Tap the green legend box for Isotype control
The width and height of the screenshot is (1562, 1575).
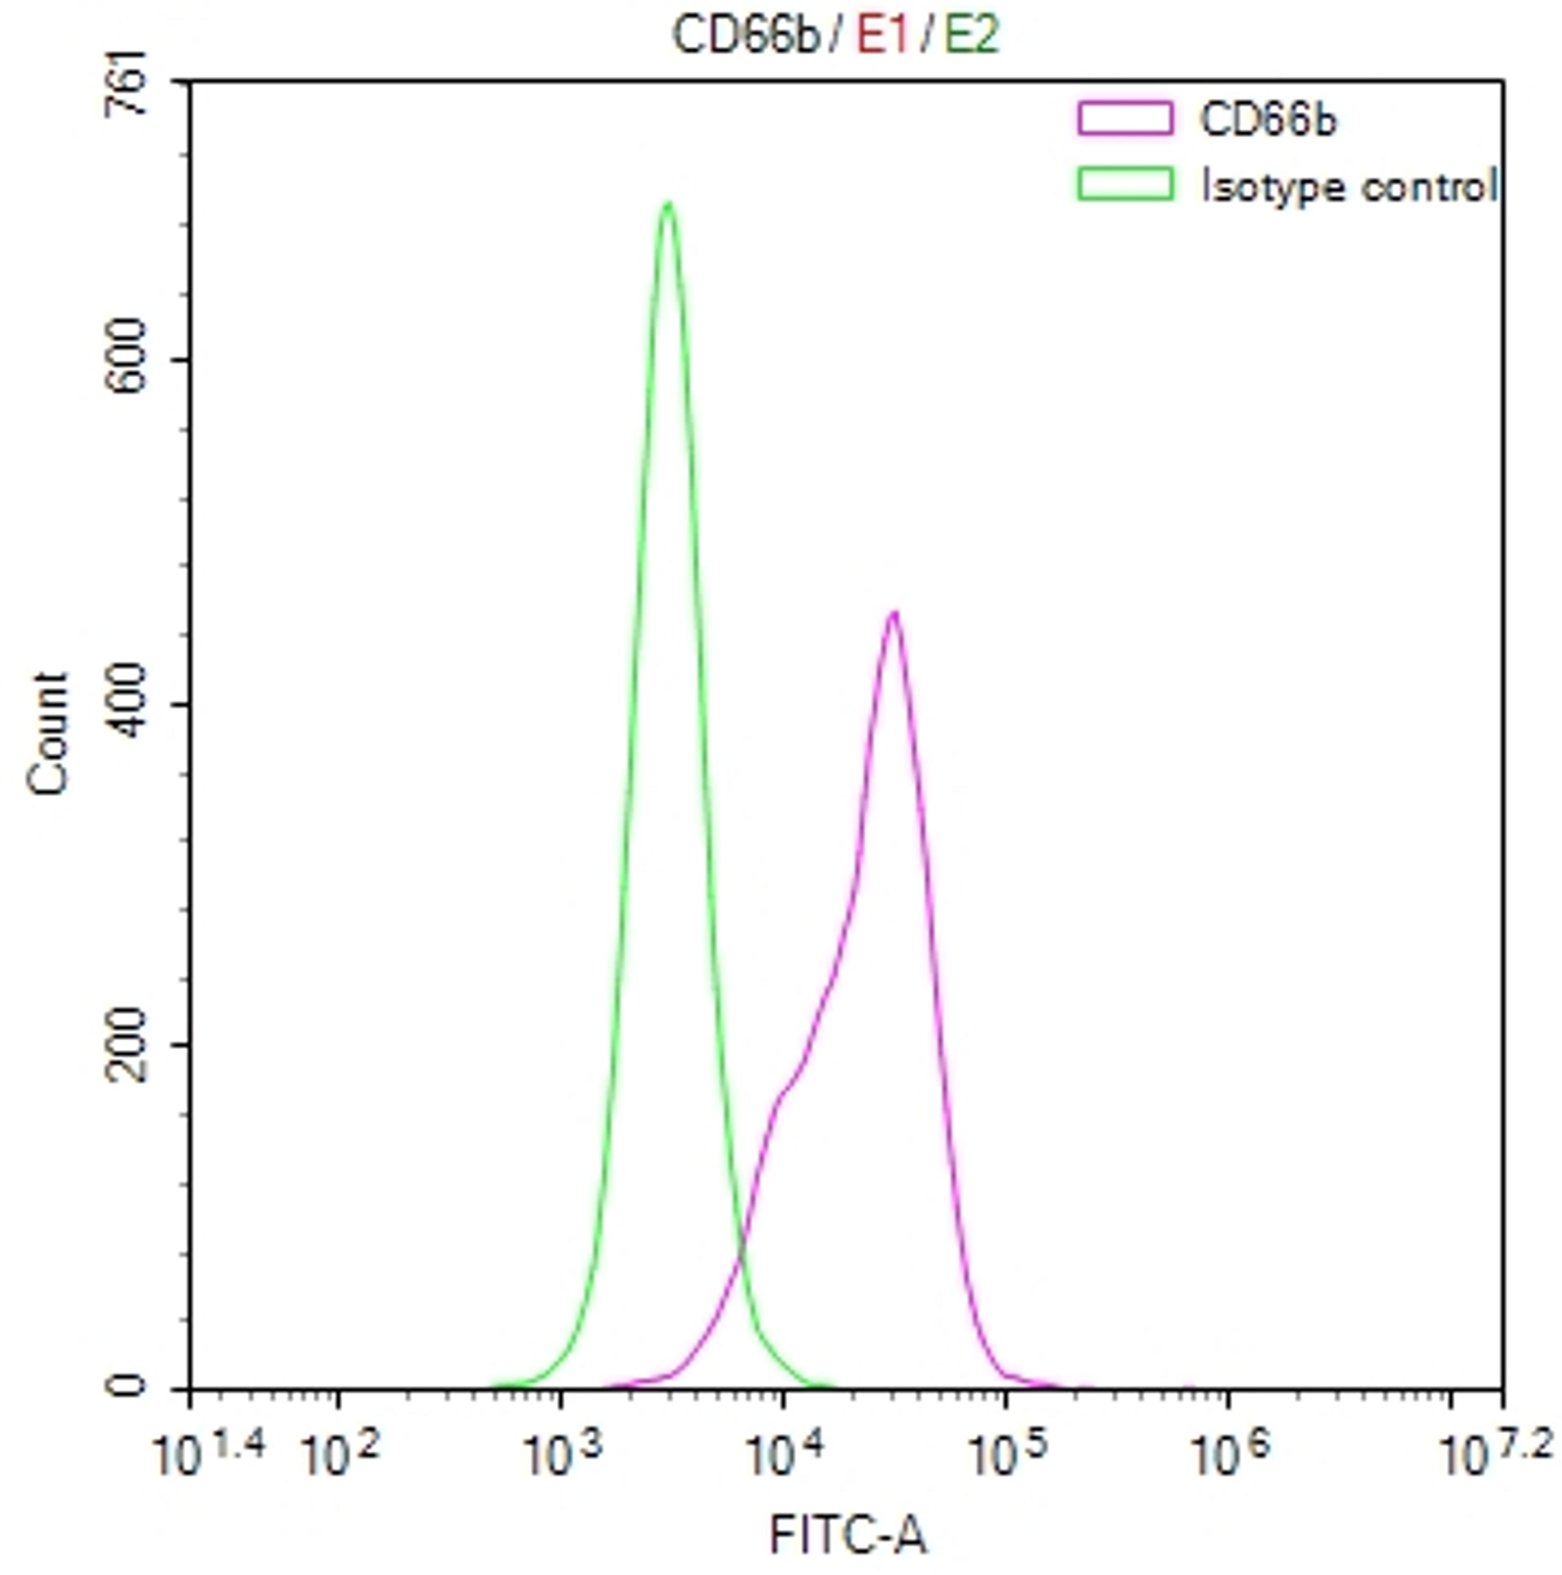pos(1125,184)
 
